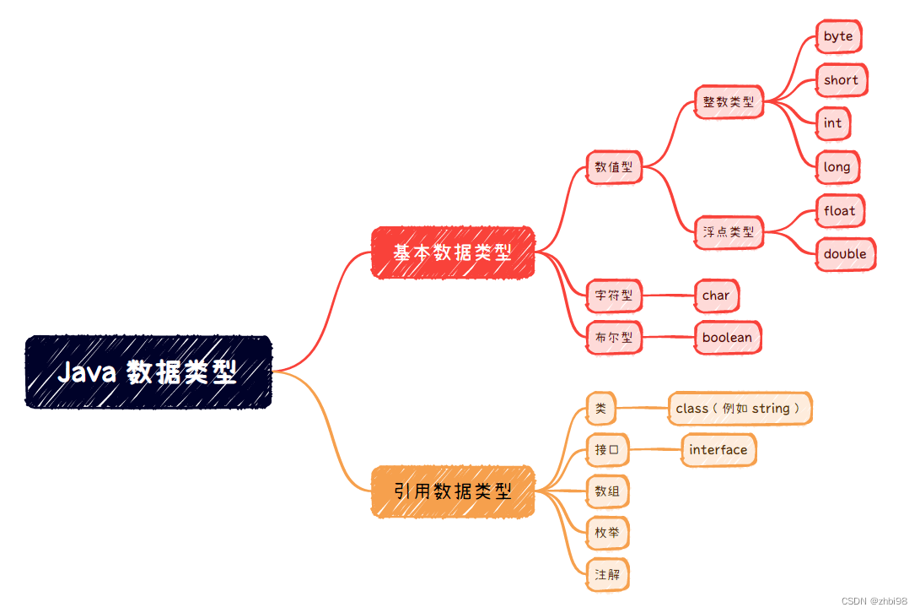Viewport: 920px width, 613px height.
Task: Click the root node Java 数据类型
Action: [x=148, y=372]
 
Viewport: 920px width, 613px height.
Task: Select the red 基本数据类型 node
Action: [x=453, y=252]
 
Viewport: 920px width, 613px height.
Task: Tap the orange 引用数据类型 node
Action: [x=453, y=491]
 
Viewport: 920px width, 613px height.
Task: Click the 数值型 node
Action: [x=614, y=166]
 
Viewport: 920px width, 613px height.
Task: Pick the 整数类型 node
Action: [x=729, y=102]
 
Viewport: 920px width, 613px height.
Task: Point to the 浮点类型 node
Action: [x=729, y=231]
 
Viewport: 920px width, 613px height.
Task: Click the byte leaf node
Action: [x=838, y=36]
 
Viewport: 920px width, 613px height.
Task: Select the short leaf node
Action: [x=841, y=80]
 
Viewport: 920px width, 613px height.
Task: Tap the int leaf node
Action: [x=832, y=123]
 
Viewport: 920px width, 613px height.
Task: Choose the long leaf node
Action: [x=837, y=167]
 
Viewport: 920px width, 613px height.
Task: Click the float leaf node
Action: [x=839, y=211]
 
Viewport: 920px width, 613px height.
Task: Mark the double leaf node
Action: [x=845, y=254]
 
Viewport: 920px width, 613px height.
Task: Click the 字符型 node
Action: [x=614, y=296]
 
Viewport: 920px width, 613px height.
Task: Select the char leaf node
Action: [x=716, y=296]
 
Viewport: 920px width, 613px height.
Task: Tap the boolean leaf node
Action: [x=727, y=338]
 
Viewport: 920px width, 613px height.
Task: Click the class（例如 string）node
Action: [x=740, y=409]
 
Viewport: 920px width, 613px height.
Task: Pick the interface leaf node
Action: [x=718, y=450]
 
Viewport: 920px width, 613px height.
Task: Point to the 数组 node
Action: [x=607, y=491]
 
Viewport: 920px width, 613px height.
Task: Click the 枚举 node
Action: [x=607, y=533]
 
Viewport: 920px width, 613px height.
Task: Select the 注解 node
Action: [x=607, y=574]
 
